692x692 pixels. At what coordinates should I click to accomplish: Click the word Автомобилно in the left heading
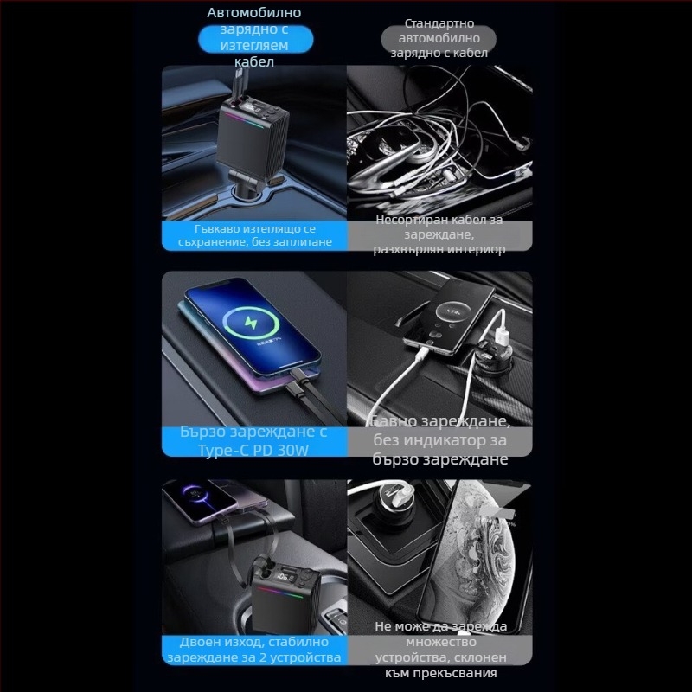[x=254, y=13]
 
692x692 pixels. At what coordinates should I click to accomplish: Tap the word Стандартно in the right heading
[x=439, y=23]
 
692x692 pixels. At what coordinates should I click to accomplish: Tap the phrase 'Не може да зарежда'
[x=439, y=626]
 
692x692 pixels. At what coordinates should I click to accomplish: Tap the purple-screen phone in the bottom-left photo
[x=204, y=502]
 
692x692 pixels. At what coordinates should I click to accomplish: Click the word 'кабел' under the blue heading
[x=254, y=61]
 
